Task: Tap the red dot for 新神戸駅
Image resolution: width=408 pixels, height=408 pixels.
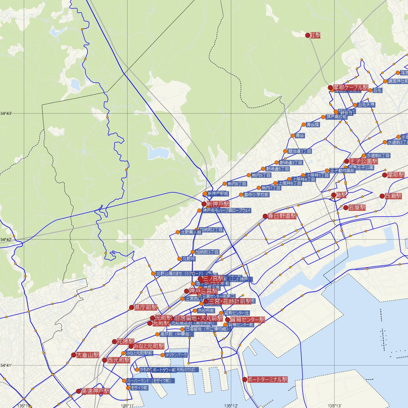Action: click(x=204, y=204)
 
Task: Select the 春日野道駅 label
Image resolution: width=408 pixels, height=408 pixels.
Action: click(x=282, y=216)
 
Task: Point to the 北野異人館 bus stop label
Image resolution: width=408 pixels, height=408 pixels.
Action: click(x=191, y=233)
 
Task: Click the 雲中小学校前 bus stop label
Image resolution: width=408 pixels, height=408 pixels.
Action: click(x=256, y=195)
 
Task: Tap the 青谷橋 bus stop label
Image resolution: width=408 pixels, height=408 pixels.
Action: click(x=312, y=125)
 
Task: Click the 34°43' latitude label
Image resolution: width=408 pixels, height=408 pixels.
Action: click(x=6, y=113)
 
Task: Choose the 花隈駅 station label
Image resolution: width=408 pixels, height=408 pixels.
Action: click(x=125, y=341)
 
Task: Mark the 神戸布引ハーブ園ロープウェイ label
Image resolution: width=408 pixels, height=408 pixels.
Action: click(x=226, y=210)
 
